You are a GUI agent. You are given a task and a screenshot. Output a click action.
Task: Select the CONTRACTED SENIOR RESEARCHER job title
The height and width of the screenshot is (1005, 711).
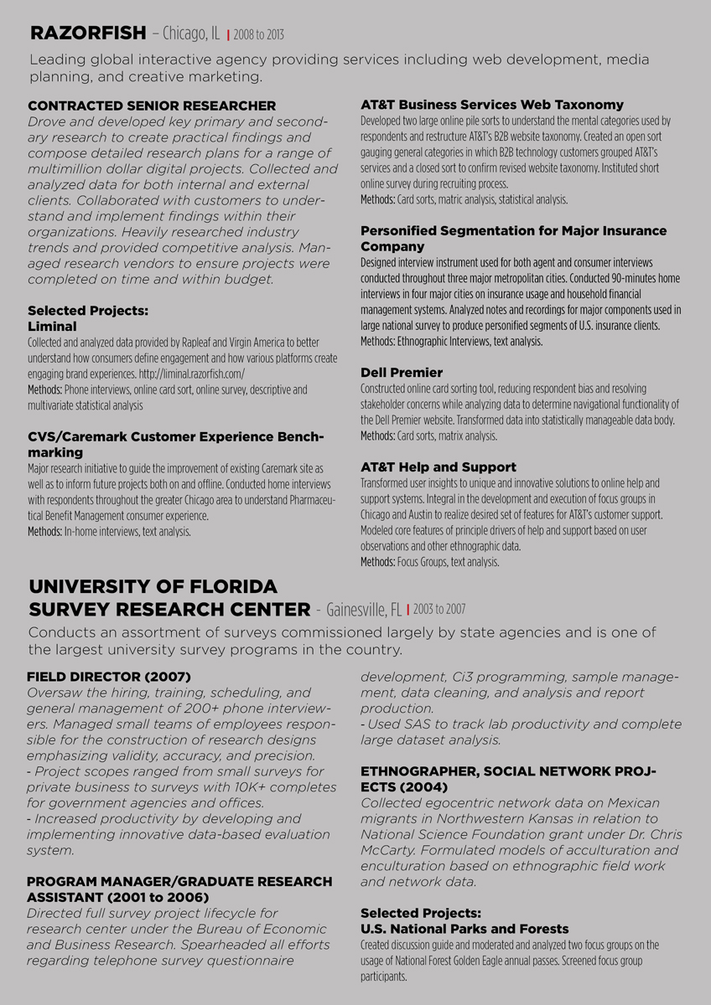pyautogui.click(x=152, y=106)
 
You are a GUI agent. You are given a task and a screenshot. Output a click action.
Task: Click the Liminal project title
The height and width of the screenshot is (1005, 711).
pyautogui.click(x=52, y=326)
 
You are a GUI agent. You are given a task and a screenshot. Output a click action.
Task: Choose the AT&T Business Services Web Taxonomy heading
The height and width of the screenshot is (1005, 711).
pyautogui.click(x=492, y=105)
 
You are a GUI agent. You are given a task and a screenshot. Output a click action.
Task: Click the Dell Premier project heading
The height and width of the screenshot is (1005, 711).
pyautogui.click(x=402, y=372)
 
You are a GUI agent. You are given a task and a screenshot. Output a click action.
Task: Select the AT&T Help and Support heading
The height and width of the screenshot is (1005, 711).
pyautogui.click(x=439, y=466)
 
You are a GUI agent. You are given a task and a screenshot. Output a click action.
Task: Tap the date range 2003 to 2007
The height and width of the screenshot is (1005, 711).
pyautogui.click(x=439, y=610)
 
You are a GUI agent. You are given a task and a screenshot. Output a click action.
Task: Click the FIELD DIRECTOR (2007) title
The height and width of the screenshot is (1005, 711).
pyautogui.click(x=109, y=676)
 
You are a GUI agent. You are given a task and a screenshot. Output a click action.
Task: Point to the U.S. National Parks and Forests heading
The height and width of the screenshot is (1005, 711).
pyautogui.click(x=464, y=929)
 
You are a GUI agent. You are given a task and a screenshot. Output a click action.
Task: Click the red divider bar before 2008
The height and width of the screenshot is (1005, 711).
pyautogui.click(x=228, y=36)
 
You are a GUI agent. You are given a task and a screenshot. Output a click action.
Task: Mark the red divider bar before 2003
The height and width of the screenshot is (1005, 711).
pyautogui.click(x=407, y=611)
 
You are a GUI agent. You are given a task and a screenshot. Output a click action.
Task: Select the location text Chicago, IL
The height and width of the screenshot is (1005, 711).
pyautogui.click(x=191, y=34)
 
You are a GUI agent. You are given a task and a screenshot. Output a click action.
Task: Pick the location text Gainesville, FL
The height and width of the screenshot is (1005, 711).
pyautogui.click(x=363, y=610)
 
